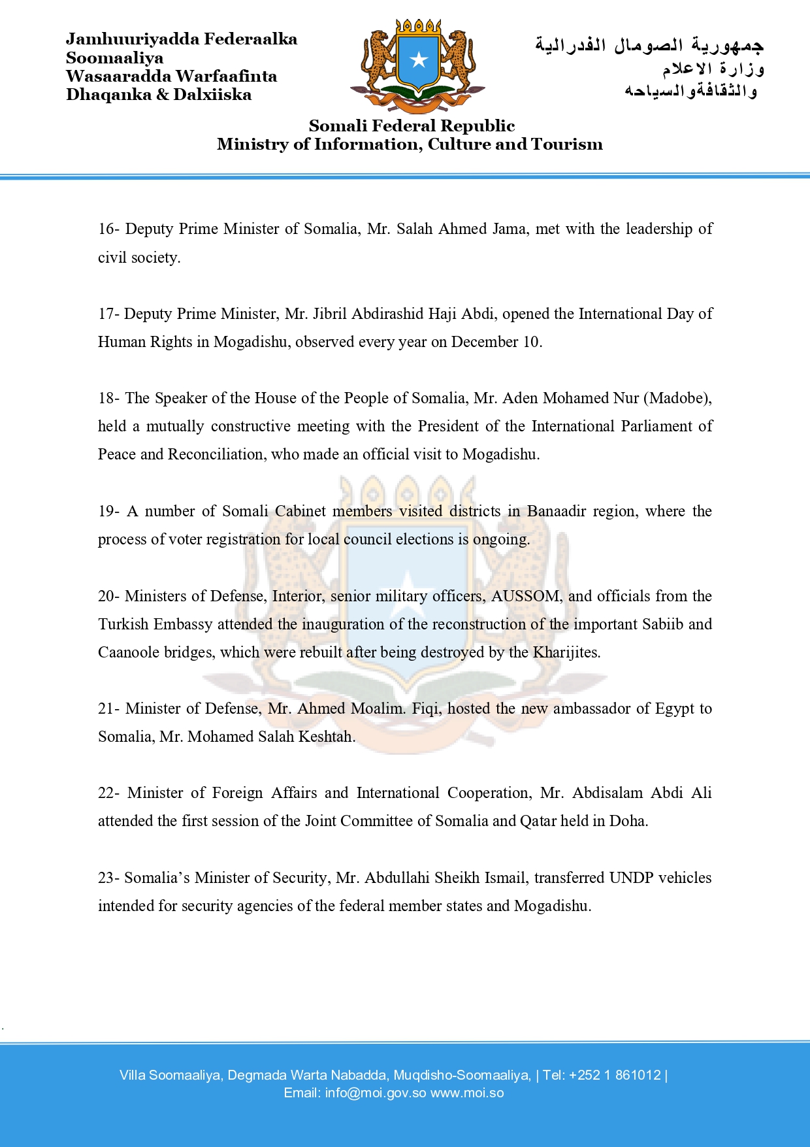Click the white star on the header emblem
pyautogui.click(x=418, y=61)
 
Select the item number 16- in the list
pyautogui.click(x=108, y=229)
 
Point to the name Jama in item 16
pyautogui.click(x=511, y=229)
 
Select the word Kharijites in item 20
pyautogui.click(x=566, y=652)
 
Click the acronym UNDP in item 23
pyautogui.click(x=632, y=878)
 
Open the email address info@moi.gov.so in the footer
pyautogui.click(x=376, y=1093)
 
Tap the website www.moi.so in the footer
pyautogui.click(x=467, y=1093)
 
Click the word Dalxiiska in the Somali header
pyautogui.click(x=212, y=95)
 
